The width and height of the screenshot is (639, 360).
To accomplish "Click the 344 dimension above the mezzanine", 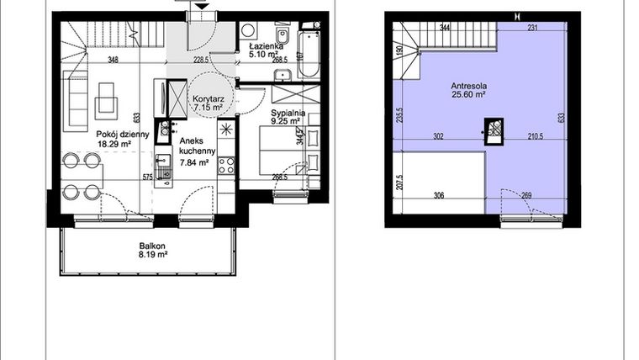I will pyautogui.click(x=445, y=29).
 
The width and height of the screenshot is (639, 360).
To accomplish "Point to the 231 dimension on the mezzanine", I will pyautogui.click(x=532, y=29).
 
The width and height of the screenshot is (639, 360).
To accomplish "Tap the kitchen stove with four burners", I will pyautogui.click(x=225, y=166).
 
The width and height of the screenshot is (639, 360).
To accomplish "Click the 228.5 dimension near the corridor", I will pyautogui.click(x=200, y=61).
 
